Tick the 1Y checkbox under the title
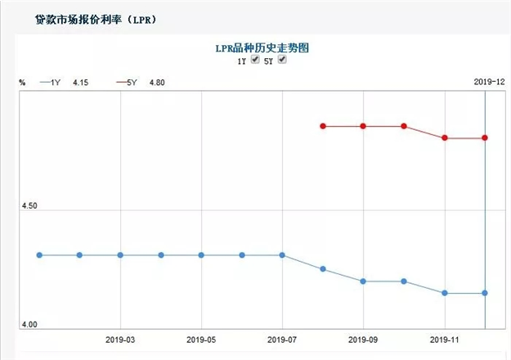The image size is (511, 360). pyautogui.click(x=255, y=61)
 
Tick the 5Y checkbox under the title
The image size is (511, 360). pyautogui.click(x=283, y=61)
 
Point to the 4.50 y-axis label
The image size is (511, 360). pyautogui.click(x=29, y=206)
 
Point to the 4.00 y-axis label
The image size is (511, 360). pyautogui.click(x=29, y=325)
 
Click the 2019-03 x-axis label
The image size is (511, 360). pyautogui.click(x=120, y=339)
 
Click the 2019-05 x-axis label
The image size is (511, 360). pyautogui.click(x=201, y=339)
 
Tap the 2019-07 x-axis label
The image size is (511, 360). pyautogui.click(x=282, y=339)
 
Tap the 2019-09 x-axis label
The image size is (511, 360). pyautogui.click(x=363, y=339)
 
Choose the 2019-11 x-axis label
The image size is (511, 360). pyautogui.click(x=444, y=339)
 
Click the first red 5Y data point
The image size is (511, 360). pyautogui.click(x=323, y=126)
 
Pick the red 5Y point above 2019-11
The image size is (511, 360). pyautogui.click(x=445, y=137)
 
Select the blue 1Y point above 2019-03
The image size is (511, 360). pyautogui.click(x=120, y=255)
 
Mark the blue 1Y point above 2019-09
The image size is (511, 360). pyautogui.click(x=363, y=281)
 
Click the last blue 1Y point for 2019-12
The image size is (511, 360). pyautogui.click(x=485, y=293)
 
